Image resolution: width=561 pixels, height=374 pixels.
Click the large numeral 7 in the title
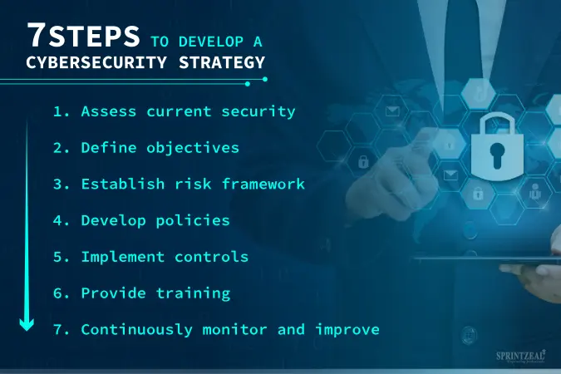[37, 35]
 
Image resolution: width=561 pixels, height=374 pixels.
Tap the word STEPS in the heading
[94, 36]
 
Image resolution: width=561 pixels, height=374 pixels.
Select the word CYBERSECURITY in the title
[96, 62]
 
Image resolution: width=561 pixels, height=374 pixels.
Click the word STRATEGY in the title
[222, 62]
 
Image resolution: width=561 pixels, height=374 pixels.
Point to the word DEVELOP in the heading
[211, 42]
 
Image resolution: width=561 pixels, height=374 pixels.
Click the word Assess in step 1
[109, 111]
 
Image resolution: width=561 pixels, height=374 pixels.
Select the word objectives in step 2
[193, 148]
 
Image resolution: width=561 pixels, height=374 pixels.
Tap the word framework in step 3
[263, 184]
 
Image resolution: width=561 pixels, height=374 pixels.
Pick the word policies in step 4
[193, 221]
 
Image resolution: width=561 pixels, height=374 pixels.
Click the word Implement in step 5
[123, 258]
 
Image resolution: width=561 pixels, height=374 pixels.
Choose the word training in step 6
[193, 293]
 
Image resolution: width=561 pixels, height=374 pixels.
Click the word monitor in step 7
[234, 330]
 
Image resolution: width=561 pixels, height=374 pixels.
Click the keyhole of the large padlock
[497, 155]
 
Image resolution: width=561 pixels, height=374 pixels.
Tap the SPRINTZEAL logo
[520, 357]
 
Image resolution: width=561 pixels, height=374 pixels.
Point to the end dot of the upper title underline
[265, 79]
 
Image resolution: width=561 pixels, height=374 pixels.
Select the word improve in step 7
[347, 330]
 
